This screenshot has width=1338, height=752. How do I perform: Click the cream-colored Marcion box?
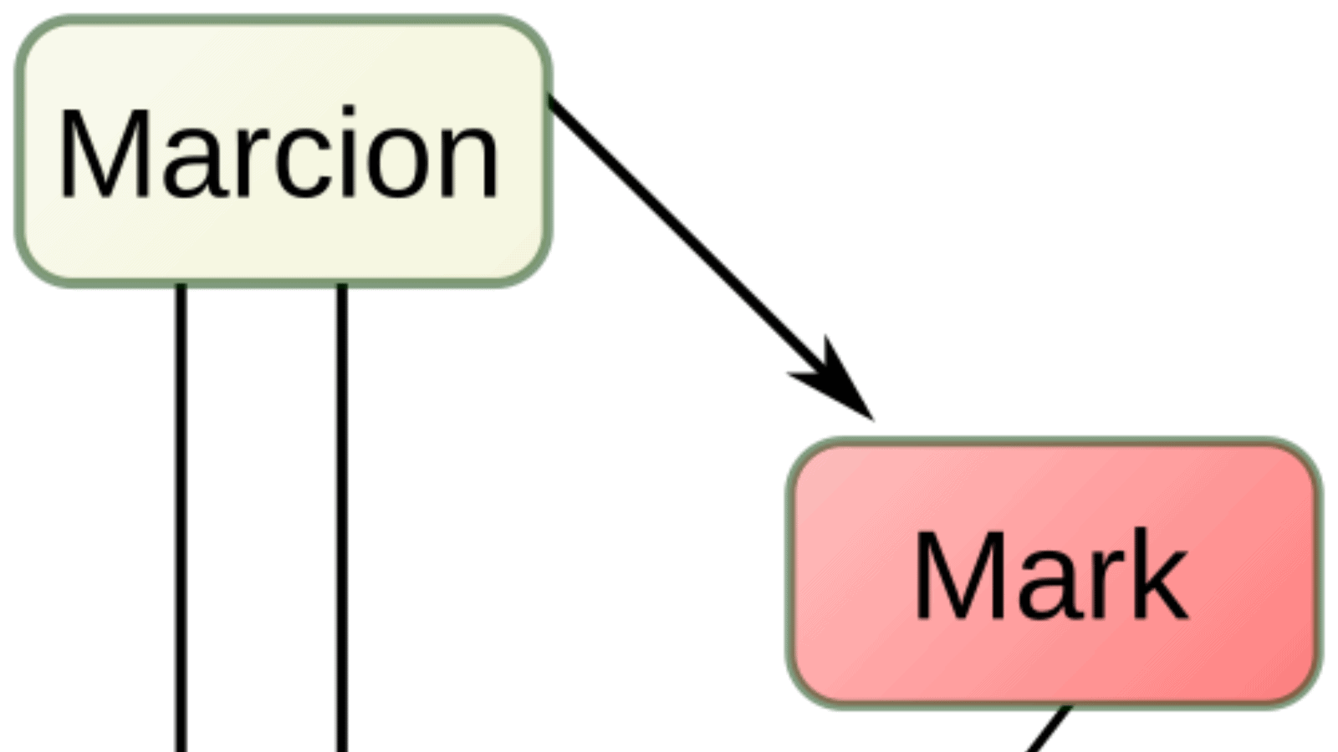point(283,151)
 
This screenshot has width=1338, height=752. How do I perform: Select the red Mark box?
point(1054,573)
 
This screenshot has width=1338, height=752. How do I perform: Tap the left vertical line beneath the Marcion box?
point(181,518)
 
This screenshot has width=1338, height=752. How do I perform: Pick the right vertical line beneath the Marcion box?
point(342,518)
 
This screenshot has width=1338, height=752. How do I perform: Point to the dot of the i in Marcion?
point(348,112)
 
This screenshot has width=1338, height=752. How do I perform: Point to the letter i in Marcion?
point(348,151)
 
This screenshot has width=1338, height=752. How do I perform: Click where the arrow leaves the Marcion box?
point(549,99)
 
